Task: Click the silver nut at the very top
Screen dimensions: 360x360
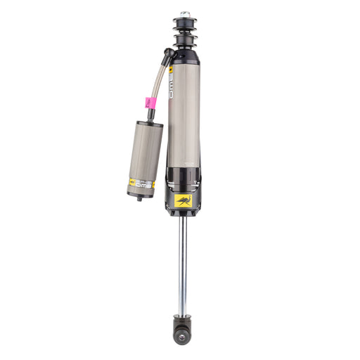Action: pyautogui.click(x=185, y=14)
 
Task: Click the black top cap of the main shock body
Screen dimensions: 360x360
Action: pyautogui.click(x=184, y=55)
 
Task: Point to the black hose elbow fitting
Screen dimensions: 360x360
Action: pyautogui.click(x=169, y=55)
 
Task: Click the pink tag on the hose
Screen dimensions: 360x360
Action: pyautogui.click(x=149, y=102)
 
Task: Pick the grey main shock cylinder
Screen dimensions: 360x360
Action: pyautogui.click(x=184, y=120)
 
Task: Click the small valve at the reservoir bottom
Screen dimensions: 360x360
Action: pyautogui.click(x=139, y=198)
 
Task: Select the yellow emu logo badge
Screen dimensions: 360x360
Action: pyautogui.click(x=184, y=200)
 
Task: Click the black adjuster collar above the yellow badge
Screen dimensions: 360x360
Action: pyautogui.click(x=184, y=180)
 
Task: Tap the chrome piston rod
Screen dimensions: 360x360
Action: pyautogui.click(x=183, y=264)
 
